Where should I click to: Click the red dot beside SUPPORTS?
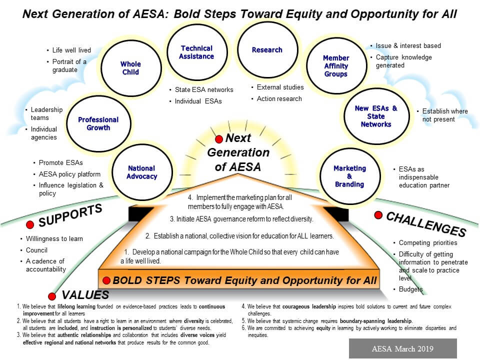point(30,225)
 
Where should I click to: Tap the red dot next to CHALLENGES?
point(378,215)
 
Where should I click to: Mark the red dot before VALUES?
point(52,296)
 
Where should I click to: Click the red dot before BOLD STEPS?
point(106,280)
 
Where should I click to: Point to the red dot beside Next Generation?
point(219,139)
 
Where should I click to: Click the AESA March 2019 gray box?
point(403,348)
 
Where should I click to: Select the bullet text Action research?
point(279,99)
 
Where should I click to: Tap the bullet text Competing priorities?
point(428,243)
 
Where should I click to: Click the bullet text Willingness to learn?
point(54,239)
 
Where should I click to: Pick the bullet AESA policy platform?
point(69,174)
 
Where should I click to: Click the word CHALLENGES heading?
point(426,224)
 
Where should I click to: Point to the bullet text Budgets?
point(410,289)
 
